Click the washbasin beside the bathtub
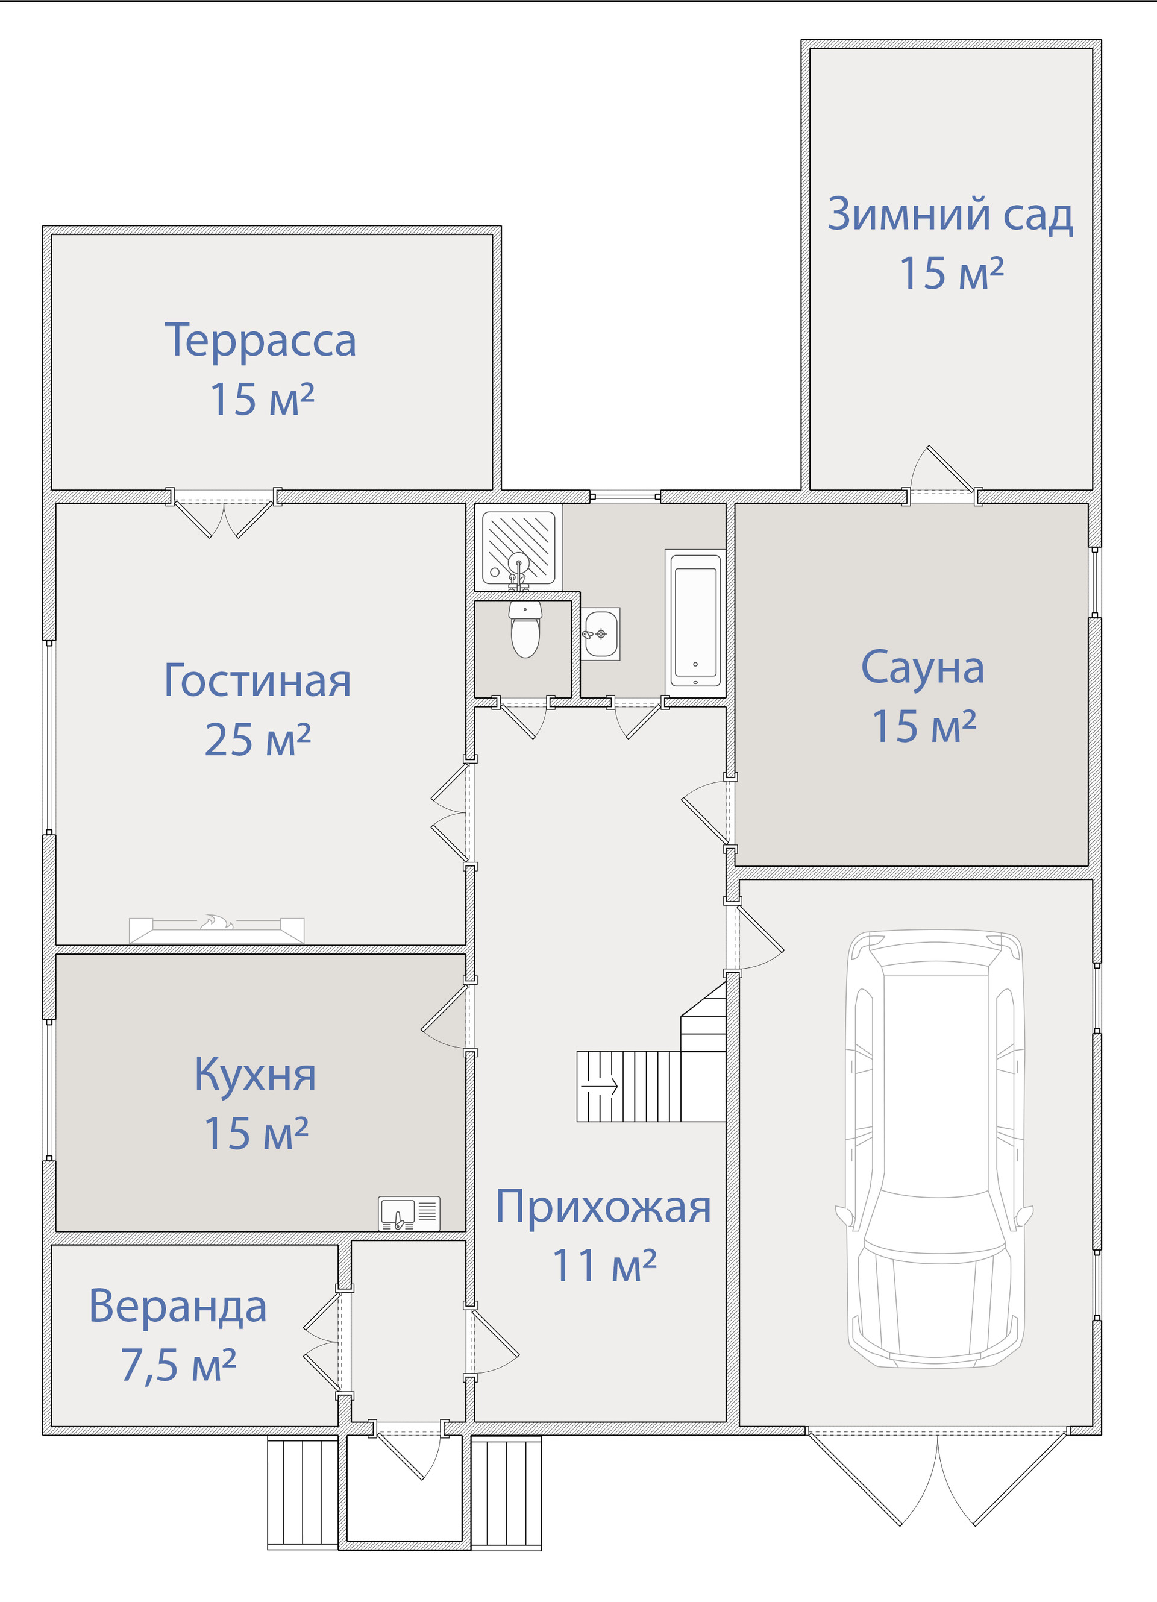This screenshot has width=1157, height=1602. click(600, 633)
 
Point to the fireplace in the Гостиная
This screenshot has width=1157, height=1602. click(216, 929)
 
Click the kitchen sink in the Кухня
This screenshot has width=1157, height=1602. click(409, 1213)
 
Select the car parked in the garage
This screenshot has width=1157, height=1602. click(935, 1149)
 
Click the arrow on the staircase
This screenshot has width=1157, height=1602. click(599, 1085)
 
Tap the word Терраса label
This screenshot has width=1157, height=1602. click(260, 342)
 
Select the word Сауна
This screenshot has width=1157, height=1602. click(923, 668)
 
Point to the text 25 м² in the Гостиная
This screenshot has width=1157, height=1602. click(258, 740)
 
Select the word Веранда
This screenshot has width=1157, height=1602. click(177, 1306)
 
